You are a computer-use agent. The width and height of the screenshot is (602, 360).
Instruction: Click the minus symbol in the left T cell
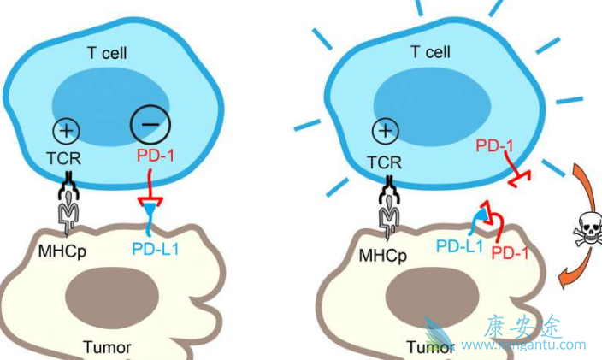150,126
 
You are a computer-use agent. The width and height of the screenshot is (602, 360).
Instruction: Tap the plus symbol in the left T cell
68,132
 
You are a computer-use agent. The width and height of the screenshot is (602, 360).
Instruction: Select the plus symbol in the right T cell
387,131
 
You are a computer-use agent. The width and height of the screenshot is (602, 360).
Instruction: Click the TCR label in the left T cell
68,159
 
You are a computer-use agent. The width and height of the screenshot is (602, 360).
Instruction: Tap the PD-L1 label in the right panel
459,246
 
